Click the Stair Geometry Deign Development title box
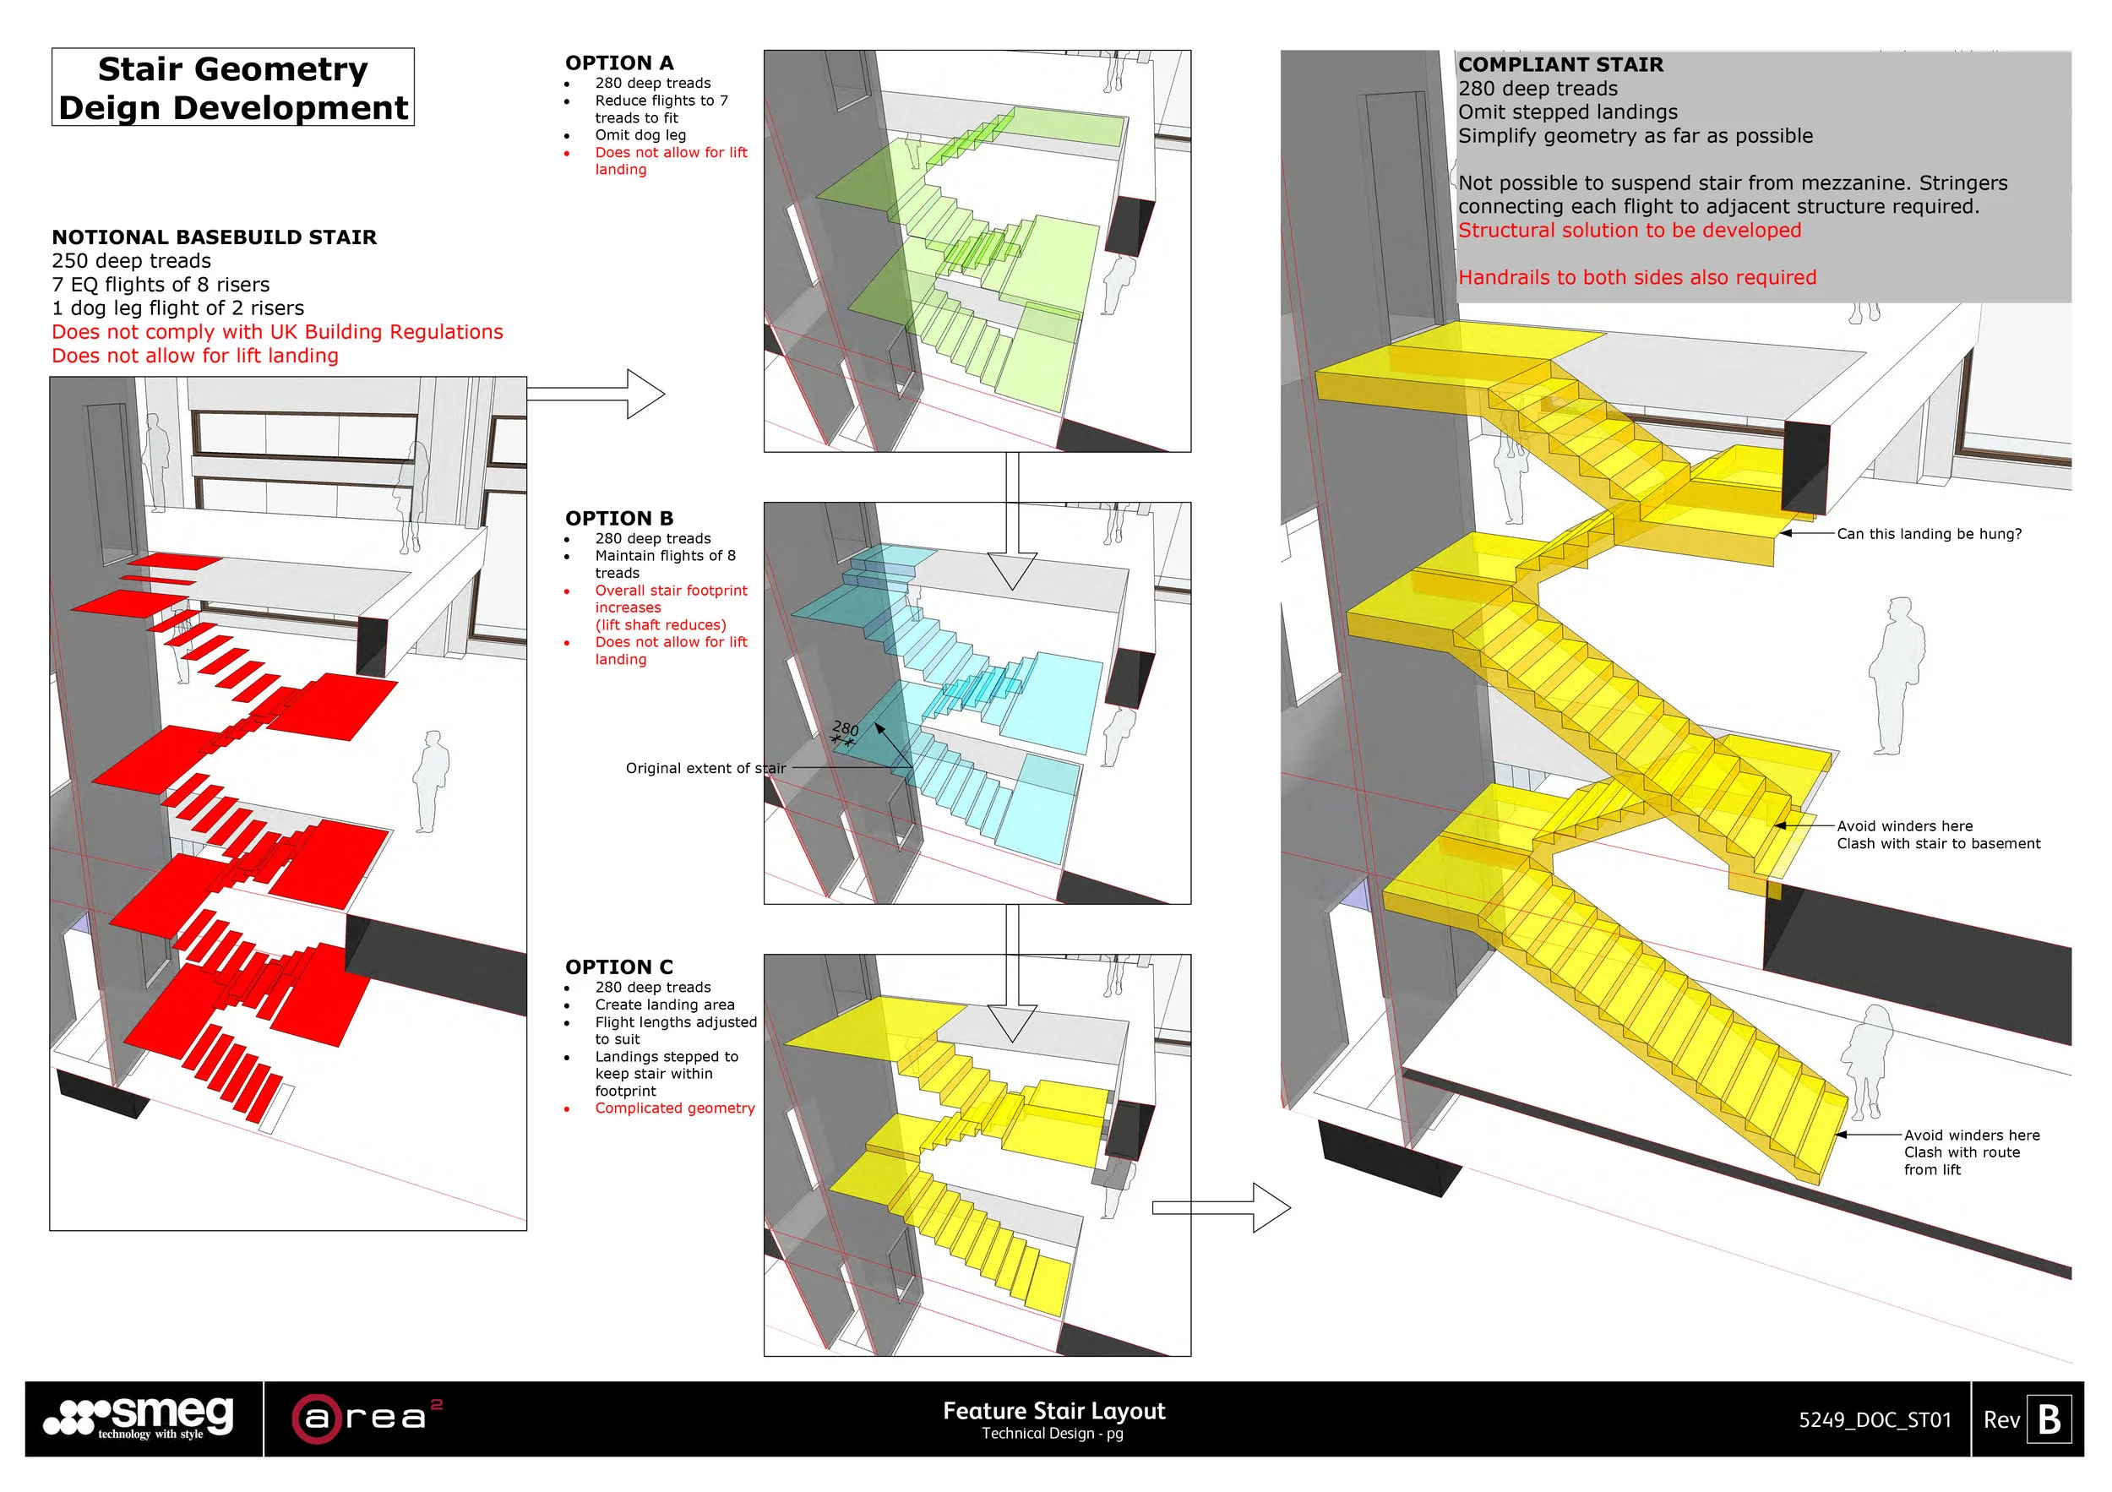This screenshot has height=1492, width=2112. [x=232, y=87]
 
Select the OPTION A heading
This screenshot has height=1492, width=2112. [x=619, y=63]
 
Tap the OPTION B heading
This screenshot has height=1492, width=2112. [x=619, y=518]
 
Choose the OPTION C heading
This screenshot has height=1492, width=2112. [x=619, y=967]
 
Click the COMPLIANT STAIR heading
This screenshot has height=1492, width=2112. [x=1561, y=64]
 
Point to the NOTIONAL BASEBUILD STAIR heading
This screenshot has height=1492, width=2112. [x=215, y=237]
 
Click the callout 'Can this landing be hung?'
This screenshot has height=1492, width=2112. [x=1929, y=533]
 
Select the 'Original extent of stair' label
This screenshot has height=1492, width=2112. [x=705, y=768]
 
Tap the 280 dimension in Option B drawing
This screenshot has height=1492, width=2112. [x=846, y=729]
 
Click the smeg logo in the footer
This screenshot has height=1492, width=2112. [x=140, y=1418]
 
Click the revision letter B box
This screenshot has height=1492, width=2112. [x=2049, y=1419]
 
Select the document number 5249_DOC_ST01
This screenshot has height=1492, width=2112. [x=1875, y=1420]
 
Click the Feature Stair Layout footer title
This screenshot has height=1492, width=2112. [x=1054, y=1411]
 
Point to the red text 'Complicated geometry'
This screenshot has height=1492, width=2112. [x=674, y=1108]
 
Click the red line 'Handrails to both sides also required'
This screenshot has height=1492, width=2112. [x=1637, y=278]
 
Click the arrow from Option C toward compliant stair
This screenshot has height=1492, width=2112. [x=1221, y=1208]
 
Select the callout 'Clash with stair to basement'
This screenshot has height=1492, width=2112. [x=1938, y=843]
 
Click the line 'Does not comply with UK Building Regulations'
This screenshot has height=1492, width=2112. [x=277, y=332]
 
